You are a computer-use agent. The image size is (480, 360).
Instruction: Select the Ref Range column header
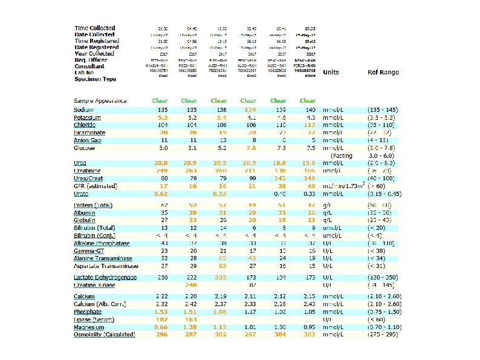(383, 73)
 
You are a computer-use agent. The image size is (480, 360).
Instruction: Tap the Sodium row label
(84, 109)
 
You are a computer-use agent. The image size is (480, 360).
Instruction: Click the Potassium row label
(87, 117)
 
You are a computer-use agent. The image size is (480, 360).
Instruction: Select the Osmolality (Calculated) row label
(104, 335)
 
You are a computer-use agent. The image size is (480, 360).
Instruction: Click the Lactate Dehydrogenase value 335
(219, 277)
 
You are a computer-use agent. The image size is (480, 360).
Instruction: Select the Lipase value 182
(161, 319)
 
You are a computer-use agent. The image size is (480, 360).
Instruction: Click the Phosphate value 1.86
(219, 311)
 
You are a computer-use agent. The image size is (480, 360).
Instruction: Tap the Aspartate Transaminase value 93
(219, 266)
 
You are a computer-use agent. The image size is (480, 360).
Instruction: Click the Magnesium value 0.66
(161, 327)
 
